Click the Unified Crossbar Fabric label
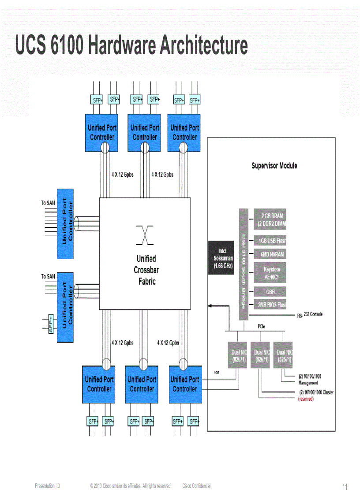tap(146, 270)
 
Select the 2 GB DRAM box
tap(270, 220)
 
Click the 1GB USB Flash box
tap(270, 241)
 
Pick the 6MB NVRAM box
tap(270, 254)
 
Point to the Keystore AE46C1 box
tap(270, 273)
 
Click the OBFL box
tap(270, 291)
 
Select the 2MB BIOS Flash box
tap(270, 305)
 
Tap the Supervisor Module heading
tap(274, 166)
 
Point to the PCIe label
tap(261, 327)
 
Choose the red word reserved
tap(306, 399)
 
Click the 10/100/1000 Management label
tap(309, 380)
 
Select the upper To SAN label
tap(48, 203)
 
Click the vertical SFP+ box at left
tap(51, 324)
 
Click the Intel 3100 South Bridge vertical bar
tap(243, 264)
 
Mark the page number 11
tap(345, 487)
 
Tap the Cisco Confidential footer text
tap(196, 486)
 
